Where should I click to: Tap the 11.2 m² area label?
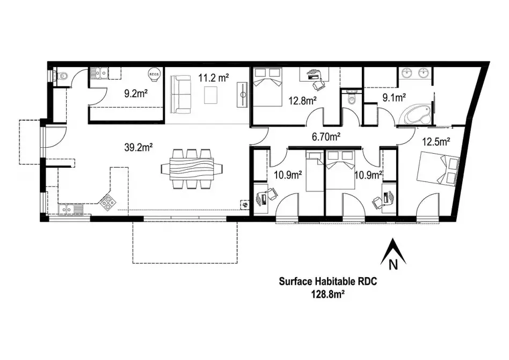[214, 77]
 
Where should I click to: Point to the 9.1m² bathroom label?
[394, 98]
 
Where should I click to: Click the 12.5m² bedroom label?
[435, 142]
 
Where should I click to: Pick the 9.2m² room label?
[136, 93]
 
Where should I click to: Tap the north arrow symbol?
[392, 254]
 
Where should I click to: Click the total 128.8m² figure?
[328, 294]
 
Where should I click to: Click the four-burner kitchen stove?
[108, 201]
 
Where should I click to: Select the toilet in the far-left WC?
[62, 76]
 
